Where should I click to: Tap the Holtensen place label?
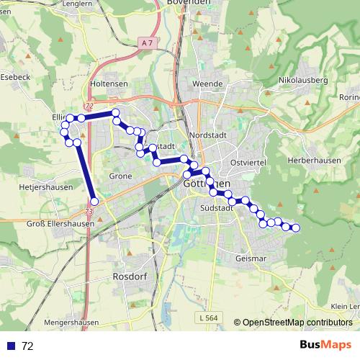(x=109, y=84)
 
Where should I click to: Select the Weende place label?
(x=208, y=84)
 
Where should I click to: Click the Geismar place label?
(x=251, y=257)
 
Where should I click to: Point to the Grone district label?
(x=120, y=176)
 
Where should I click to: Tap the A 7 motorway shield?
(x=147, y=43)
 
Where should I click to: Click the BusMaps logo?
(x=325, y=345)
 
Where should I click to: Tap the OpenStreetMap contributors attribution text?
(x=297, y=322)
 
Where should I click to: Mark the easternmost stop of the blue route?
(x=295, y=228)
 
